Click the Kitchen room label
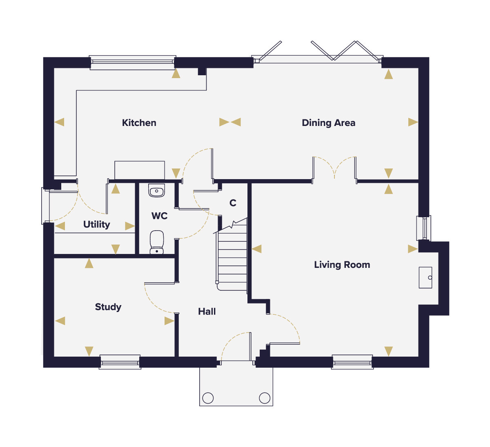139,123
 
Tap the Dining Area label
328,123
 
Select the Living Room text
342,265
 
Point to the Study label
108,307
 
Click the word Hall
207,312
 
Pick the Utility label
96,225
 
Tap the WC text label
159,216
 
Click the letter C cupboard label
233,203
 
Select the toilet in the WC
156,242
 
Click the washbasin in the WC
156,190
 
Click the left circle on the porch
208,398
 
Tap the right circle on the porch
264,398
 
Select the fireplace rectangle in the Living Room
425,277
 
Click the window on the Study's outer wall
120,362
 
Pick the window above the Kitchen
133,63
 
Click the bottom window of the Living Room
352,362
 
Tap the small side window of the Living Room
424,228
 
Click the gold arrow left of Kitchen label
59,122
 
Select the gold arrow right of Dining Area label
413,122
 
